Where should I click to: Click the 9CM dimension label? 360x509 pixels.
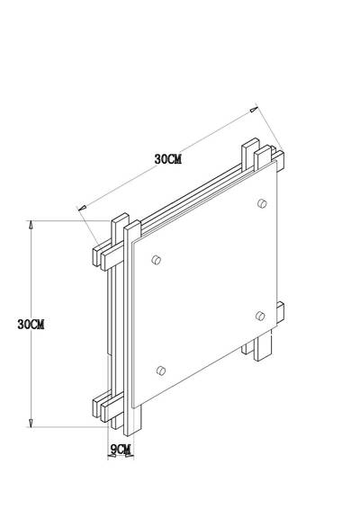click(x=121, y=448)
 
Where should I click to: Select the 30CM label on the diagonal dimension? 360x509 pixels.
click(x=169, y=158)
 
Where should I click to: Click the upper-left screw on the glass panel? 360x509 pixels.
click(x=157, y=260)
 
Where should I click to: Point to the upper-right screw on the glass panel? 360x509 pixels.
click(x=261, y=203)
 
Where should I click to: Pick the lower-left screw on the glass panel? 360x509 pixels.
click(x=161, y=370)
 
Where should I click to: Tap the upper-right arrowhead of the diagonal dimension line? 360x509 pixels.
click(x=253, y=111)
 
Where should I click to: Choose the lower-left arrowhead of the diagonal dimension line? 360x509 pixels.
click(x=83, y=210)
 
